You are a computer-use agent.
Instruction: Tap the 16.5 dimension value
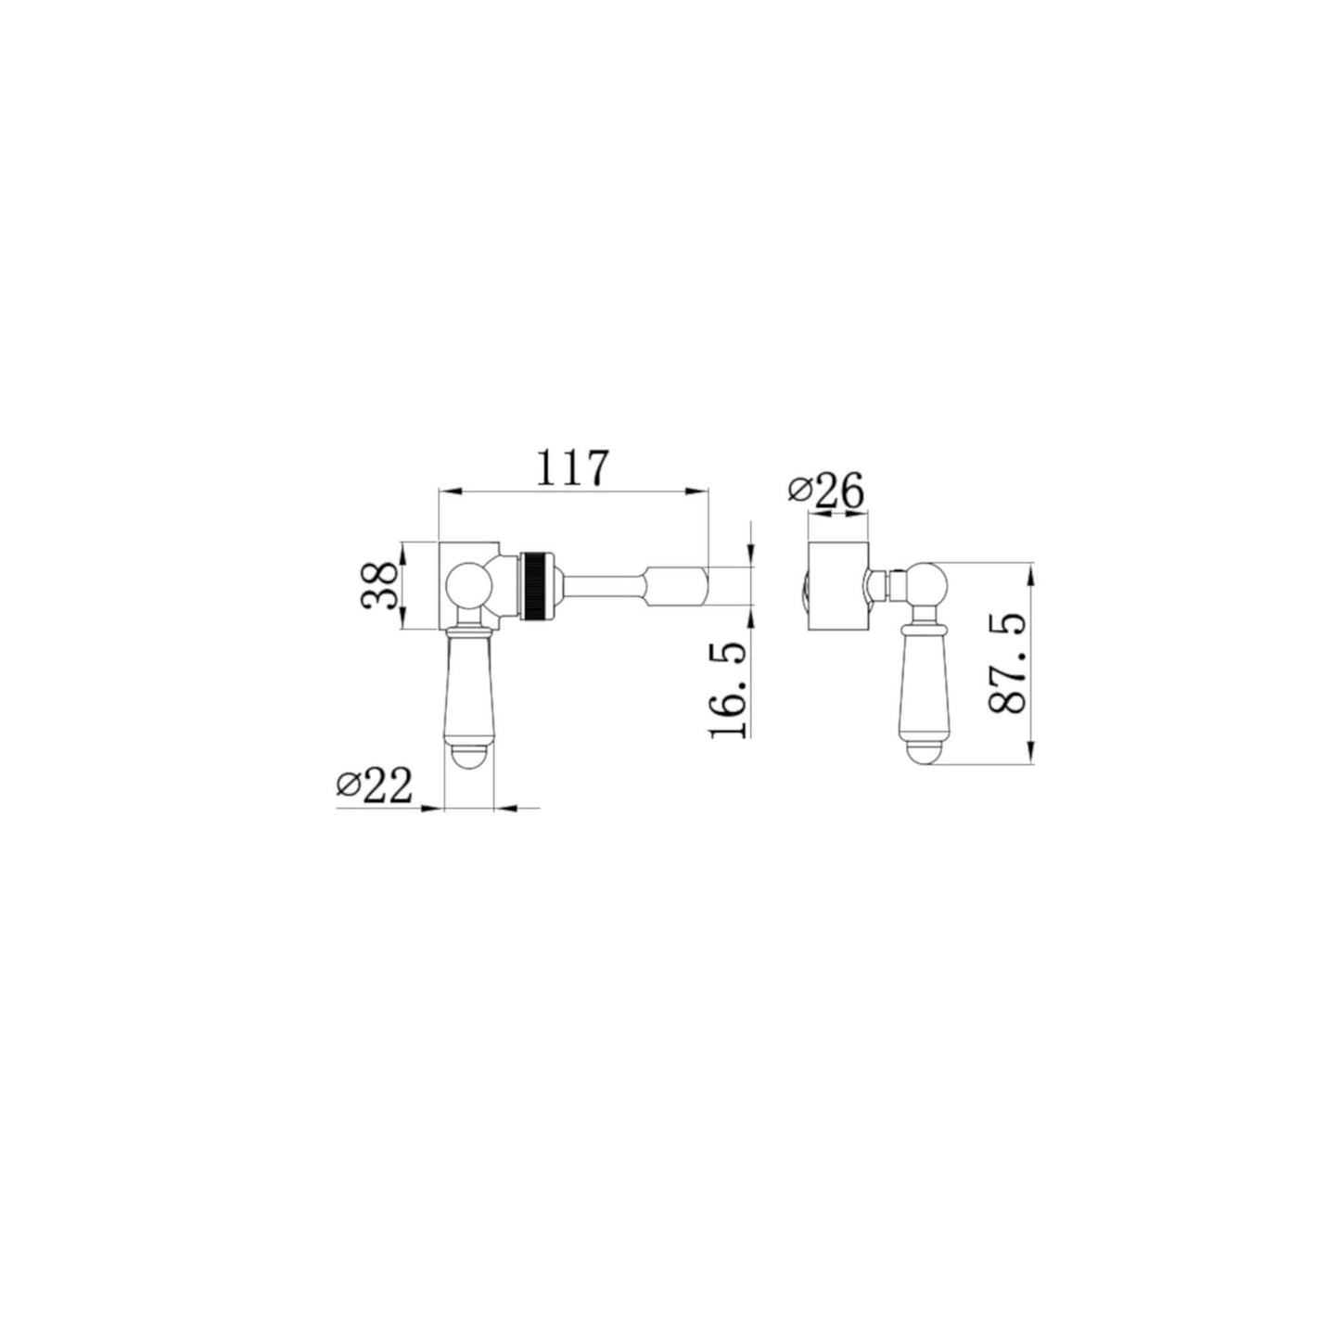click(x=727, y=689)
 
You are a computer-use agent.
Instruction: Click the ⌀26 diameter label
click(x=826, y=491)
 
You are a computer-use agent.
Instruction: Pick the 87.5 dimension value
click(x=1007, y=663)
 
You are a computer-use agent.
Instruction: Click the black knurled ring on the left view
click(x=537, y=585)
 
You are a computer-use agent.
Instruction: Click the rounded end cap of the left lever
click(x=468, y=756)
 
